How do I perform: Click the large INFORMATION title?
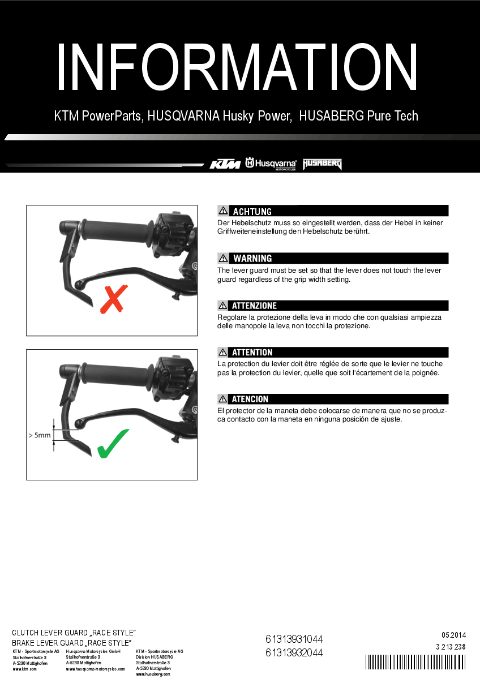pos(238,67)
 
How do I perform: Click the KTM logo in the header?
pos(225,164)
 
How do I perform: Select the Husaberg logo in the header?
pos(322,164)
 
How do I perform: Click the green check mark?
pos(113,444)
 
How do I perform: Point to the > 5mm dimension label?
pos(40,436)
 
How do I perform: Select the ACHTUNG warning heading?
pos(252,212)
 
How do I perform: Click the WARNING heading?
pos(252,259)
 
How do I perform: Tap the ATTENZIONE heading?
pos(254,306)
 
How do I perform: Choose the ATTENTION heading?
pos(252,353)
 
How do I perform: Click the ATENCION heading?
pos(250,399)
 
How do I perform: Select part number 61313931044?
pos(294,639)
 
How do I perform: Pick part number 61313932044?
pos(294,652)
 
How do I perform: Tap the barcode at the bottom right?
pos(416,663)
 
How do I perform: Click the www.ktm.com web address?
pos(25,669)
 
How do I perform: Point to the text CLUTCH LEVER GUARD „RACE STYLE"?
pos(74,632)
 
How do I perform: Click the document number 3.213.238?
pos(451,647)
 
